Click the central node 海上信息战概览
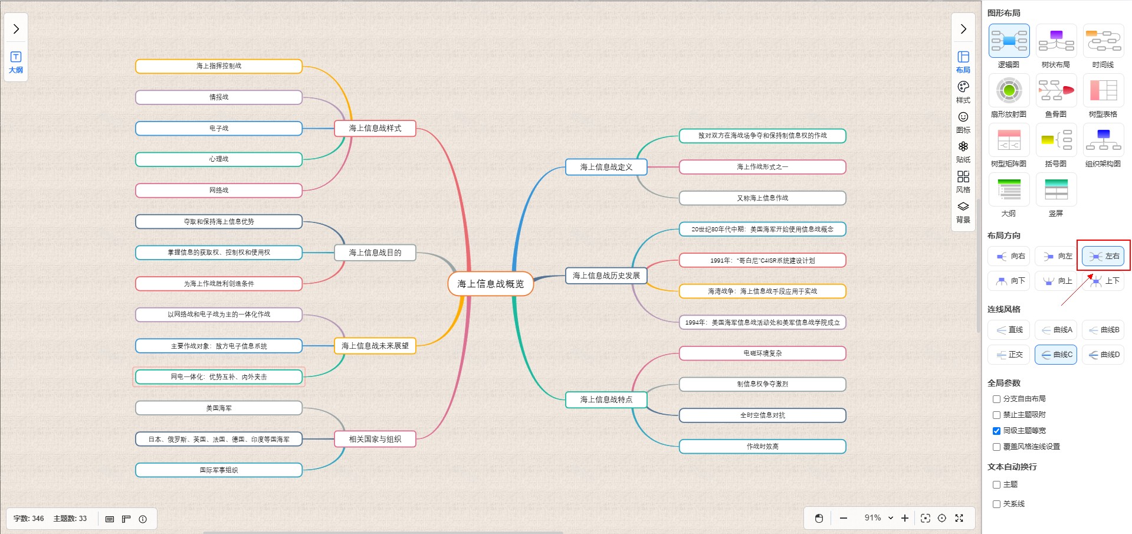click(x=490, y=284)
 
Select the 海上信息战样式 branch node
click(x=375, y=128)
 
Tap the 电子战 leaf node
click(x=219, y=128)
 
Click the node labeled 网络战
click(x=219, y=190)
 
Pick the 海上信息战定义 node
click(x=606, y=167)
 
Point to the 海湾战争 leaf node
click(x=762, y=291)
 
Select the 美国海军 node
click(x=219, y=408)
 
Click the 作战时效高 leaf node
click(x=762, y=446)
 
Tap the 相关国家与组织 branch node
click(x=375, y=439)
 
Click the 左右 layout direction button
click(x=1103, y=256)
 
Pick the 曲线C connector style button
click(x=1056, y=355)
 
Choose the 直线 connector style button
click(x=1009, y=330)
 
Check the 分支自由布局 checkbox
click(x=996, y=399)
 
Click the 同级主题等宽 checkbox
click(x=996, y=431)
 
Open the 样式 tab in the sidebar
click(x=963, y=92)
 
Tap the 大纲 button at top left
click(x=16, y=62)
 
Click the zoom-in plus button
click(x=905, y=518)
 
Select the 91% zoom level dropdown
click(x=878, y=518)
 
